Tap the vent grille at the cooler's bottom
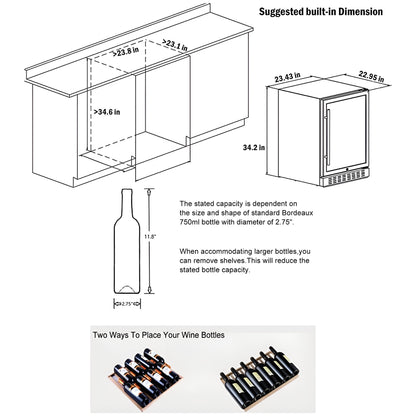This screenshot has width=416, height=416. (333, 181)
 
